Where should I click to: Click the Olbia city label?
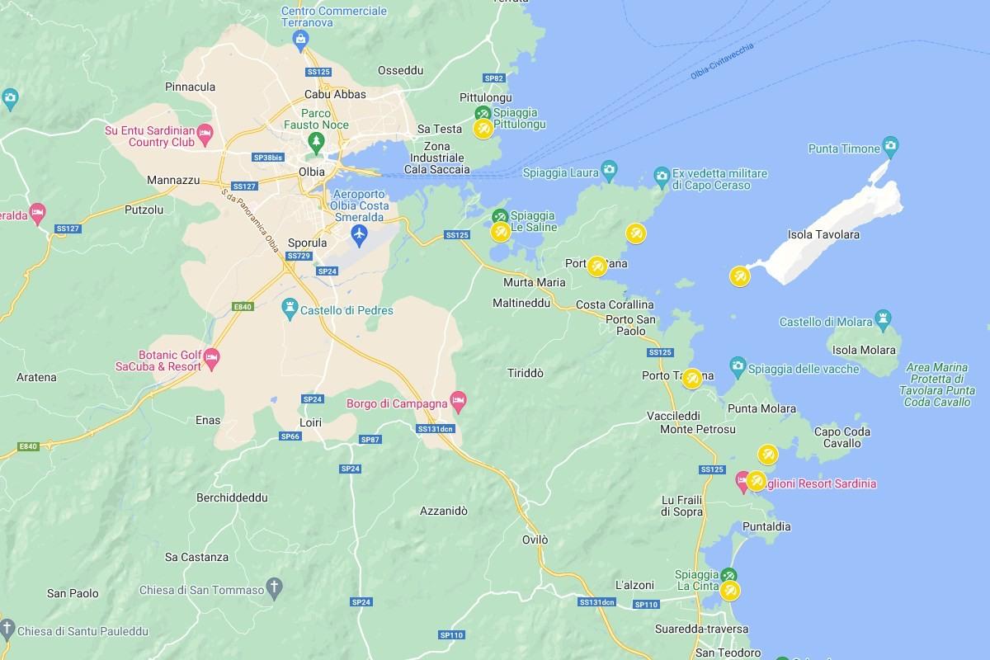(312, 172)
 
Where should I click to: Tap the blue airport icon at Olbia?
(359, 234)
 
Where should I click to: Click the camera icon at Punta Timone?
(889, 147)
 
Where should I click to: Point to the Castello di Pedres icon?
(290, 309)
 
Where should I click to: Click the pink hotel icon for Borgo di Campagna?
(459, 402)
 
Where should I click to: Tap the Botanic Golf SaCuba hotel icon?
(211, 357)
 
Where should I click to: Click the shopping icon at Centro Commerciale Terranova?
(300, 38)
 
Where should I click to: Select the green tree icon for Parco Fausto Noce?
(314, 141)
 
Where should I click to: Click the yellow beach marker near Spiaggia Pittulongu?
(483, 129)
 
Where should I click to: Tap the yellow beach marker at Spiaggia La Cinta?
(729, 591)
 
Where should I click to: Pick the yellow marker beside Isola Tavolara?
(740, 276)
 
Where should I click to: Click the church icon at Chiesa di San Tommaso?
(276, 588)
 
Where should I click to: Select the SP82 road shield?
(494, 78)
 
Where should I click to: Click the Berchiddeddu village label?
(233, 498)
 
